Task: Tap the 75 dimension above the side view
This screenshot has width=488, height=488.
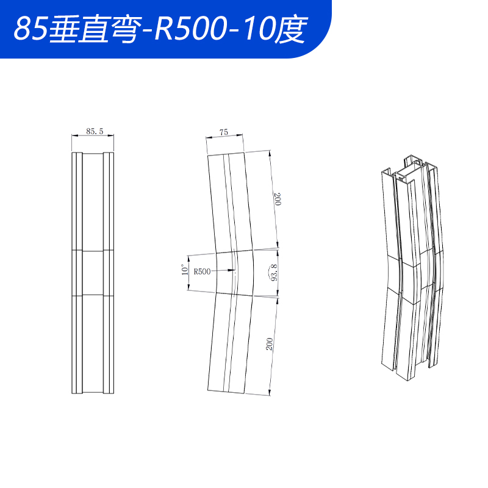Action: click(223, 132)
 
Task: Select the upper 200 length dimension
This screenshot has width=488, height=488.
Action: click(278, 199)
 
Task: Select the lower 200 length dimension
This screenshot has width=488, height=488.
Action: click(269, 343)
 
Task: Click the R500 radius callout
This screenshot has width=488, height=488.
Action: click(202, 271)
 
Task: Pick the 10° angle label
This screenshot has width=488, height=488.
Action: click(185, 270)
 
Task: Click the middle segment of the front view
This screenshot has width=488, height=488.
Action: click(93, 273)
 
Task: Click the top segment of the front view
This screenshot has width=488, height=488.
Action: click(93, 201)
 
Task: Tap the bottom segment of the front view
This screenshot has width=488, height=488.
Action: click(93, 345)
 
